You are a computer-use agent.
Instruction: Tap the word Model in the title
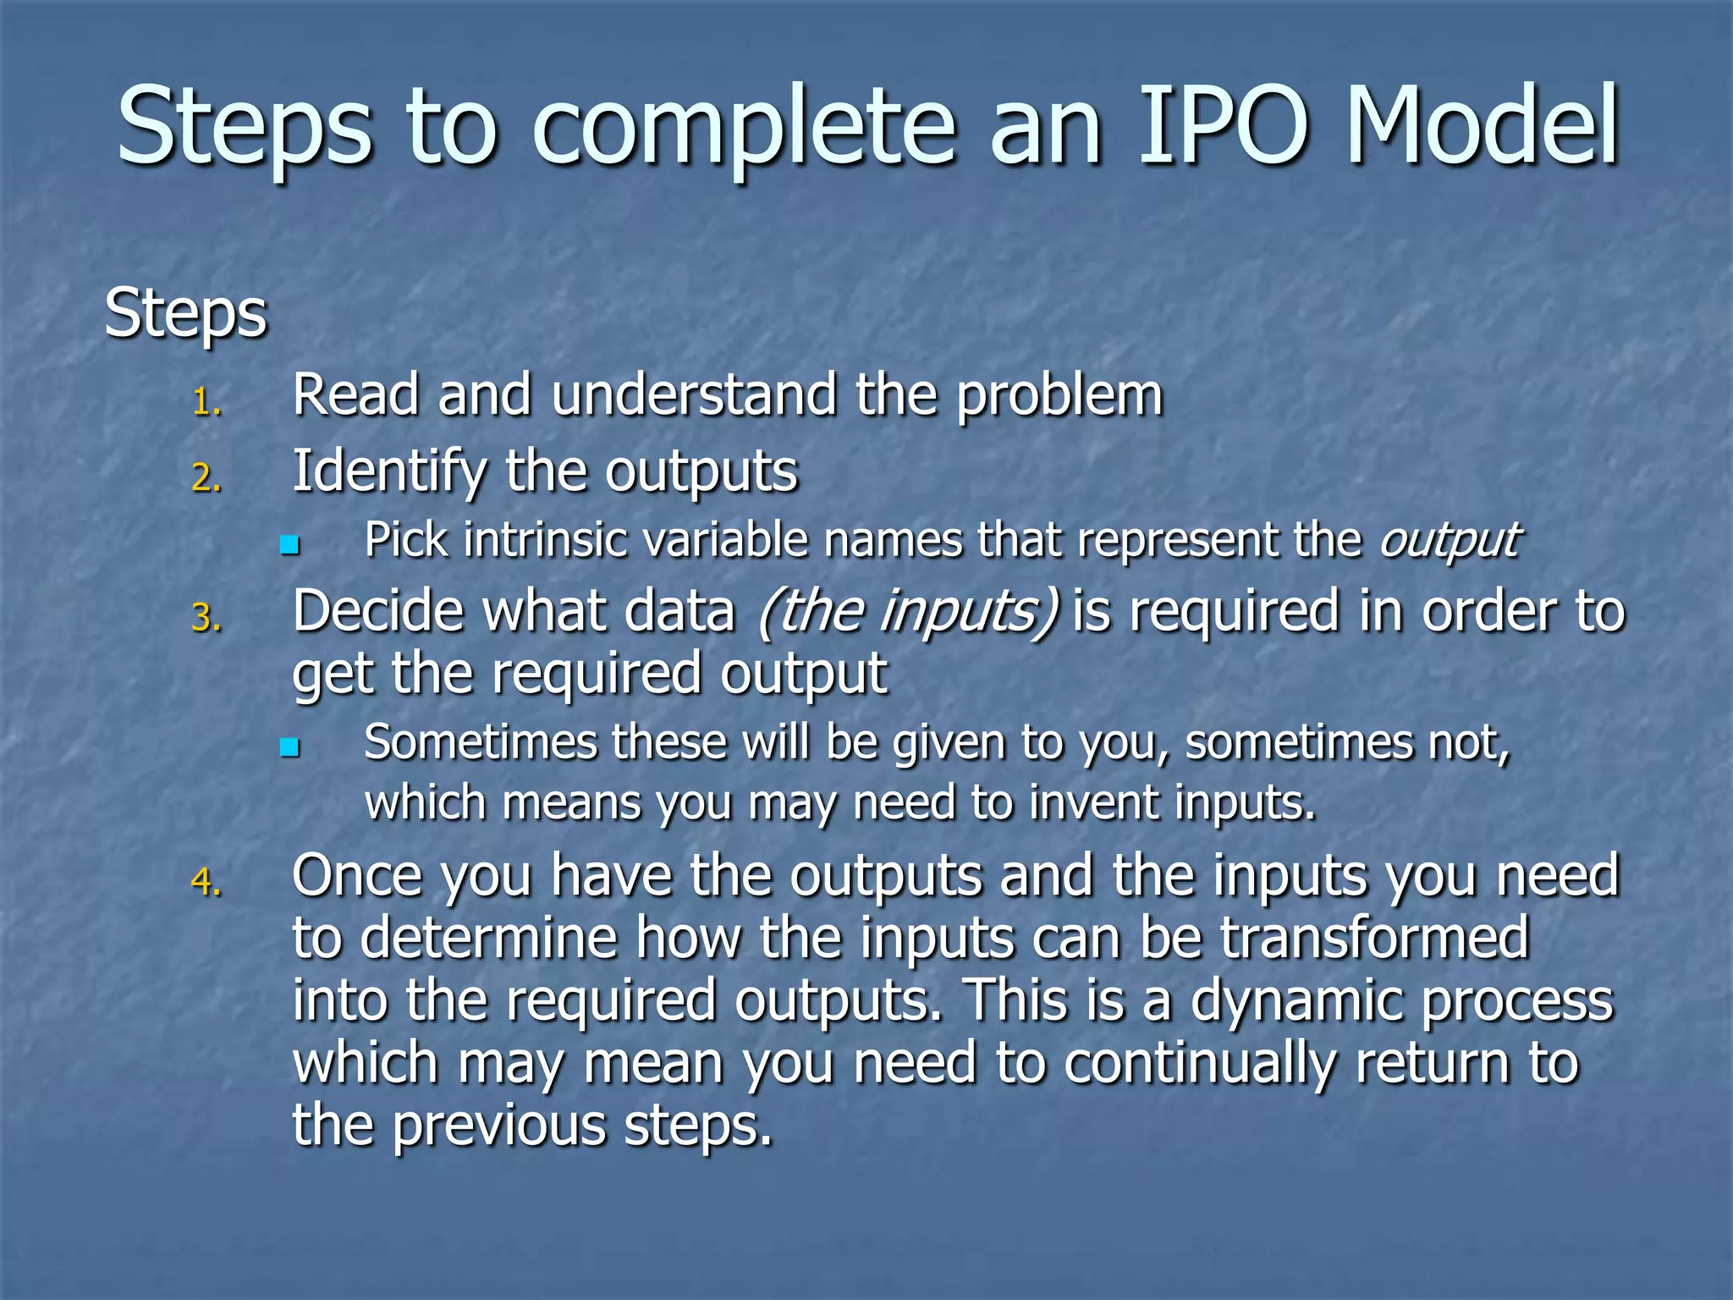[1482, 127]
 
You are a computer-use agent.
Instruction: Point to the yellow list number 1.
[206, 403]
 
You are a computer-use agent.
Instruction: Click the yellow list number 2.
[206, 479]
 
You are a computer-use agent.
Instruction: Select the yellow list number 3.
[206, 618]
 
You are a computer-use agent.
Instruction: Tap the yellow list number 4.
[206, 882]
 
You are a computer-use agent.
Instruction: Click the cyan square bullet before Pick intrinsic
[290, 544]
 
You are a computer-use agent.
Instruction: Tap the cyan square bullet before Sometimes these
[290, 747]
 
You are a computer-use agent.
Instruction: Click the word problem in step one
[1059, 396]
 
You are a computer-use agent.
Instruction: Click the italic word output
[1450, 540]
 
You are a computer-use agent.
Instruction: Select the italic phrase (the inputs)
[908, 611]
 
